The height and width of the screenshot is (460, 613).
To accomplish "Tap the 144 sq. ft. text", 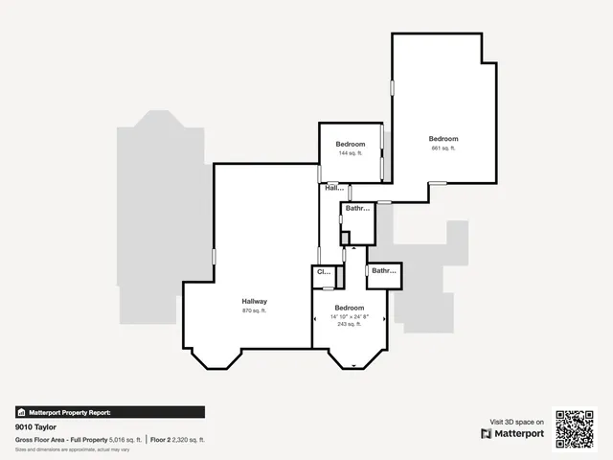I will pos(350,153).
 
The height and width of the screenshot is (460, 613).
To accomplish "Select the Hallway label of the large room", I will pos(254,301).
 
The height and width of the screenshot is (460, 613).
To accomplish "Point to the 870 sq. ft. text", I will pos(254,310).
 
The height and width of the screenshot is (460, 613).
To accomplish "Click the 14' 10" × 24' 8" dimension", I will pos(350,316).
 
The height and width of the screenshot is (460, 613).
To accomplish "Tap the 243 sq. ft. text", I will pos(350,325).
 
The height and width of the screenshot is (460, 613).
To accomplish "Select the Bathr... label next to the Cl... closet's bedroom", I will pos(384,271).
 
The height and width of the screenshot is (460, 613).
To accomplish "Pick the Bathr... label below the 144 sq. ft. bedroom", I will pos(358,208).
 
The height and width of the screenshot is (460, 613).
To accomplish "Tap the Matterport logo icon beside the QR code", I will pos(488,433).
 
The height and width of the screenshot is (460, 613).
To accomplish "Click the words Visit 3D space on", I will pos(517,422).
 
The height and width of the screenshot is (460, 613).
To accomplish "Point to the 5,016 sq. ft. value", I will pos(125,439).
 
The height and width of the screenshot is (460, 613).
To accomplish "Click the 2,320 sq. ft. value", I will pos(190,439).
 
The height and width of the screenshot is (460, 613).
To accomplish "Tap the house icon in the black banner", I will pos(22,412).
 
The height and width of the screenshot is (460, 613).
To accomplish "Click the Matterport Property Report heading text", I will pos(70,412).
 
